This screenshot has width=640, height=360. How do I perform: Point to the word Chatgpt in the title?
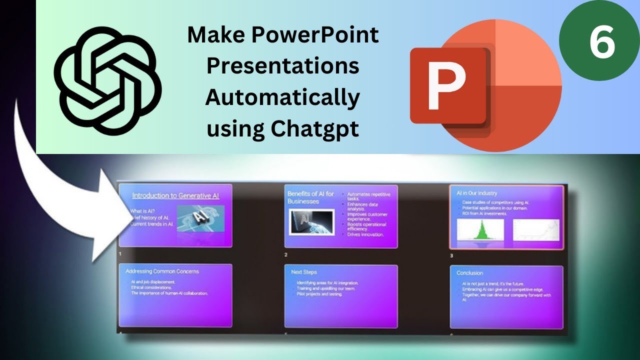click(x=315, y=129)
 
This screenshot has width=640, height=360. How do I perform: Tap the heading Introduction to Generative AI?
click(x=175, y=196)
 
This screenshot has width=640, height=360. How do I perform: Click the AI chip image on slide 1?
click(x=200, y=218)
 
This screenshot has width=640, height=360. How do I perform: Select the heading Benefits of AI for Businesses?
click(x=310, y=197)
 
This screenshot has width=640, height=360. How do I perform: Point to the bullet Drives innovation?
click(x=365, y=234)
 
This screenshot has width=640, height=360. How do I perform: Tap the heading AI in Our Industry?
click(x=476, y=193)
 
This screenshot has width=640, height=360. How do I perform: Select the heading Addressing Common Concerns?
click(x=162, y=271)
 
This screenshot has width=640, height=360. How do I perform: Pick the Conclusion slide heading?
click(x=469, y=273)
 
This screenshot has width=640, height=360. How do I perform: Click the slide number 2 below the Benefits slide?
click(x=286, y=255)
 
